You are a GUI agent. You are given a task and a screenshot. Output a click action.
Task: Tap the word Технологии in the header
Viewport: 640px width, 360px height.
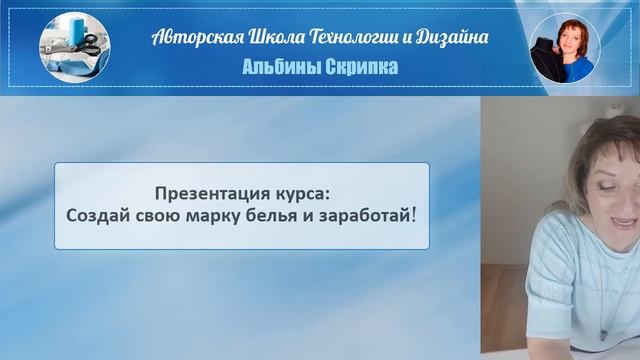(343, 38)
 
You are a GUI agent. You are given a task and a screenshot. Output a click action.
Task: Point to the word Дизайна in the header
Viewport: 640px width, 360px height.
(451, 38)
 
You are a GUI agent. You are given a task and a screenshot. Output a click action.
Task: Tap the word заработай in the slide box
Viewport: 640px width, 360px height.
(379, 214)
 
